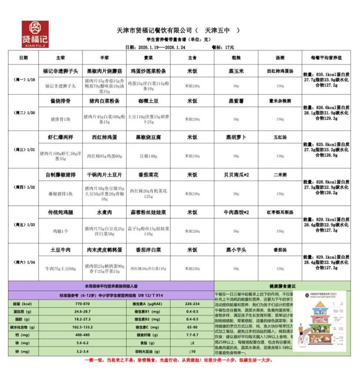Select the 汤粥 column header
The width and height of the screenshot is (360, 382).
pyautogui.click(x=279, y=58)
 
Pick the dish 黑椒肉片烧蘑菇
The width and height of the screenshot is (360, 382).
pyautogui.click(x=104, y=71)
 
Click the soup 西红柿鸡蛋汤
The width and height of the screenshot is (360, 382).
pyautogui.click(x=280, y=71)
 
